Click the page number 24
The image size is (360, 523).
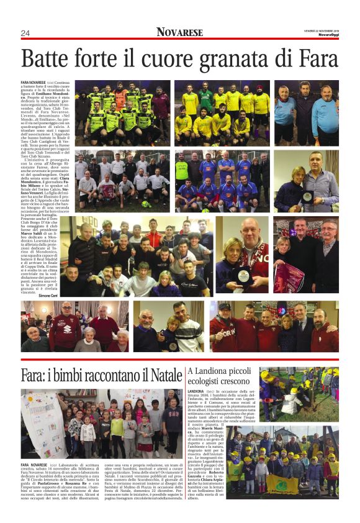25,33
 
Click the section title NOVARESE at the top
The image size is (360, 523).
179,32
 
